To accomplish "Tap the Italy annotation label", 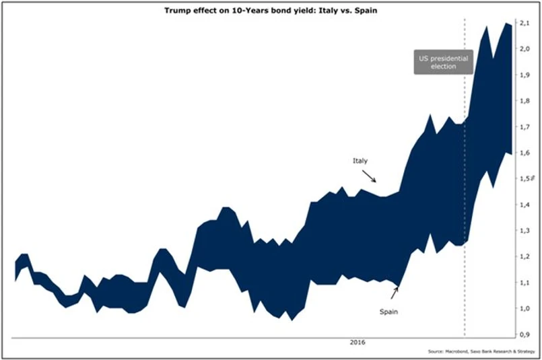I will [x=360, y=161].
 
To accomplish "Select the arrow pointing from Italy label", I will [x=370, y=176].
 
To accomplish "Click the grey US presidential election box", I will [x=442, y=63].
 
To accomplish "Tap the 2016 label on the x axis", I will [x=358, y=343].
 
